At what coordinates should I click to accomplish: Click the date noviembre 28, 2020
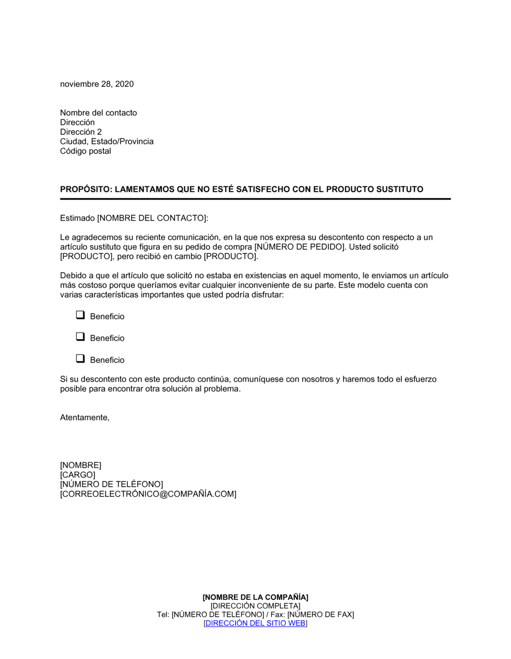tap(97, 84)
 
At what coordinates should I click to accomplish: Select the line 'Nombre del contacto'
tap(98, 113)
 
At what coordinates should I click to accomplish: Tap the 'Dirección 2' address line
tap(81, 132)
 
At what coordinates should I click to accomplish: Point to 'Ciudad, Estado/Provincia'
tap(106, 142)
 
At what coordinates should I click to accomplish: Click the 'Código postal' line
tap(85, 151)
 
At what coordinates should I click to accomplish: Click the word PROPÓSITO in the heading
tap(84, 190)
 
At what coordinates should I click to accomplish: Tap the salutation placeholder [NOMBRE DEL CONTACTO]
tap(152, 218)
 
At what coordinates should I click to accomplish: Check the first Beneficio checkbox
tap(80, 315)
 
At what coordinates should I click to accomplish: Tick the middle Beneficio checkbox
tap(80, 337)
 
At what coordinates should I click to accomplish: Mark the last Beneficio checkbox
tap(80, 359)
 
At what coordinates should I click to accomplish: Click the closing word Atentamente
tap(84, 417)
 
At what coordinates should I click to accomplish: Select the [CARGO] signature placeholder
tap(78, 475)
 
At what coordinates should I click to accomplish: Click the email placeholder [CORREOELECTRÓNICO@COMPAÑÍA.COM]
tap(148, 494)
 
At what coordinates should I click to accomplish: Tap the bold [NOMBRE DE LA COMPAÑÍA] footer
tap(255, 597)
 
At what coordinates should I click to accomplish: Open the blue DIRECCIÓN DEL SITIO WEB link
tap(255, 623)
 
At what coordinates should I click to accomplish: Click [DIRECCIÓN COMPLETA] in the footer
tap(255, 606)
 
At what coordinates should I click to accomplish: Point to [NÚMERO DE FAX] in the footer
tap(320, 615)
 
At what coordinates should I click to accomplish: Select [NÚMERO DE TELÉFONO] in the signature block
tap(111, 484)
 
